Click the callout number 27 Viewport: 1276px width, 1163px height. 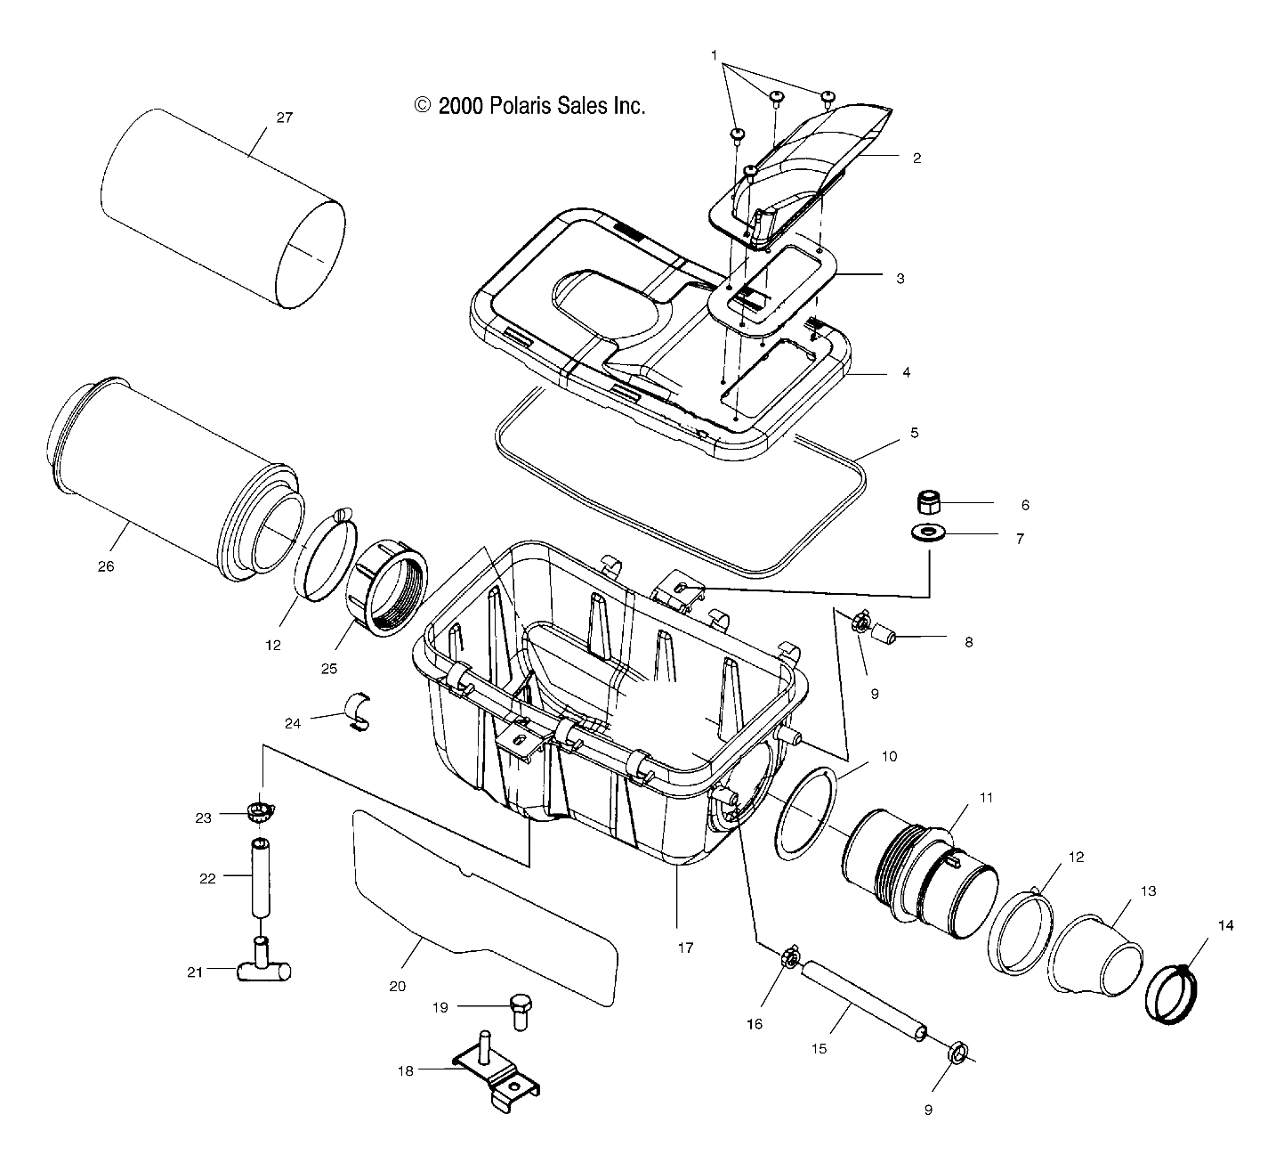(x=284, y=118)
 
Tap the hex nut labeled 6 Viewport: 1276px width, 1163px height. (x=930, y=502)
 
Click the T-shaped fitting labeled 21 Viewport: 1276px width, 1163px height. (x=262, y=967)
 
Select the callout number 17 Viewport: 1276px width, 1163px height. (x=685, y=948)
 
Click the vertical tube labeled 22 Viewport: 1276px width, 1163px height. (x=259, y=877)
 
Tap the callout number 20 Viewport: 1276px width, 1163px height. (x=397, y=986)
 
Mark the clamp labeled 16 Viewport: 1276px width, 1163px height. (x=788, y=960)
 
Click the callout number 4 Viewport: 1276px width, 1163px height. (x=906, y=373)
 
